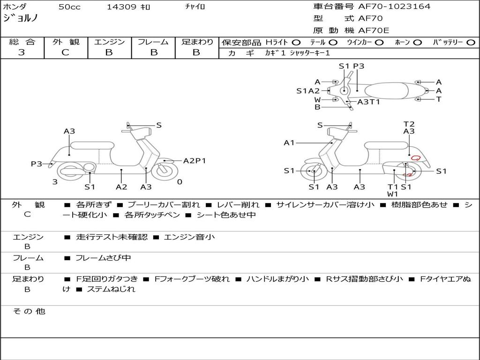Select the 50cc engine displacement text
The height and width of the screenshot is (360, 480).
(x=69, y=7)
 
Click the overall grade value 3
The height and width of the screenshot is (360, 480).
(x=22, y=52)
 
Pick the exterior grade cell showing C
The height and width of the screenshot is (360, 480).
(x=65, y=52)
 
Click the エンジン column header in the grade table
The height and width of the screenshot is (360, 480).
(x=109, y=42)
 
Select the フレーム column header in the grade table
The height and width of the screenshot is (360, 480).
(x=153, y=42)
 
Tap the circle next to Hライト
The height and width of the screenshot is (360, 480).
(x=296, y=42)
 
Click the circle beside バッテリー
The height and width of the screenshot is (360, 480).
(x=471, y=42)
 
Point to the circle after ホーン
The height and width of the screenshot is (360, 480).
(x=417, y=42)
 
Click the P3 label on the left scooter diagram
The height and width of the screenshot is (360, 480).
(x=37, y=164)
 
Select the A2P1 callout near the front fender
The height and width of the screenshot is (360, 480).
(x=195, y=161)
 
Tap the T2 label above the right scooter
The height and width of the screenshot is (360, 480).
(x=409, y=124)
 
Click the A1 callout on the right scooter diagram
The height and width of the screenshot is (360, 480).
(x=289, y=142)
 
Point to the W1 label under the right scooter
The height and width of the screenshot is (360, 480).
(x=392, y=194)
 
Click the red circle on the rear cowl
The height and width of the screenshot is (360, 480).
(x=415, y=158)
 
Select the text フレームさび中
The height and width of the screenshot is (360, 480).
(x=103, y=258)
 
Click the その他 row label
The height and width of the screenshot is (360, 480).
(x=29, y=311)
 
